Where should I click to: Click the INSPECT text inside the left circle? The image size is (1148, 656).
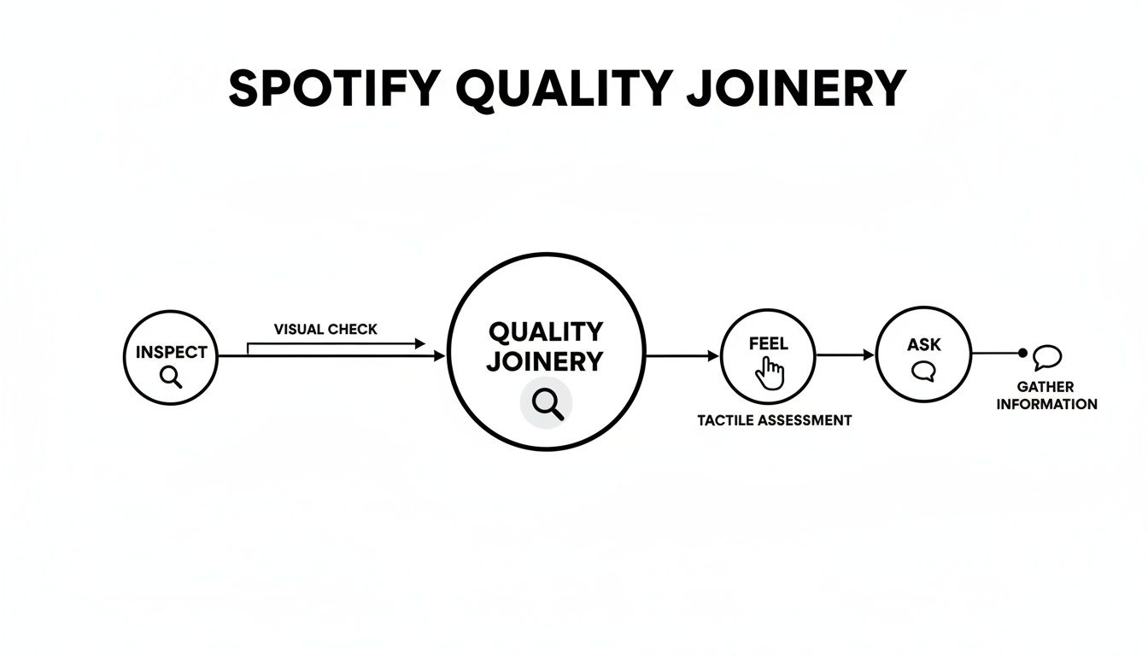[171, 352]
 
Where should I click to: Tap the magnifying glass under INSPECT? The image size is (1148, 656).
[171, 377]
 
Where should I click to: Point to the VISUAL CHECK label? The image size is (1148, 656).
[325, 329]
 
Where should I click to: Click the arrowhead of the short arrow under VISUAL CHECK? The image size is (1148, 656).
[419, 343]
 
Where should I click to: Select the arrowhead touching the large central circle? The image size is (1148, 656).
[440, 355]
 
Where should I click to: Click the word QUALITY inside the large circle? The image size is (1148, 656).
[545, 331]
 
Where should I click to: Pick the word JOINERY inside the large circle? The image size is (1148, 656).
[545, 360]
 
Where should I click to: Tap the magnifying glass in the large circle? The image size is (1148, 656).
[547, 402]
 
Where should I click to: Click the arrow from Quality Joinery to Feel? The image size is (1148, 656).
[682, 355]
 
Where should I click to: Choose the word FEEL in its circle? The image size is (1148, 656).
[768, 344]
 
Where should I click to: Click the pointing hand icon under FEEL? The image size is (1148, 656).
[770, 372]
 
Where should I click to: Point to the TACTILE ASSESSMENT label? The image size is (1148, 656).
[774, 420]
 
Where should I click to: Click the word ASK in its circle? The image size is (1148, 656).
[923, 344]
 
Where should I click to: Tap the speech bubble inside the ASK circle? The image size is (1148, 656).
[923, 372]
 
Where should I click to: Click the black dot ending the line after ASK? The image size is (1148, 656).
[1022, 353]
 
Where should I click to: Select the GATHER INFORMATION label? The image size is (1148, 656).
[1046, 395]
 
